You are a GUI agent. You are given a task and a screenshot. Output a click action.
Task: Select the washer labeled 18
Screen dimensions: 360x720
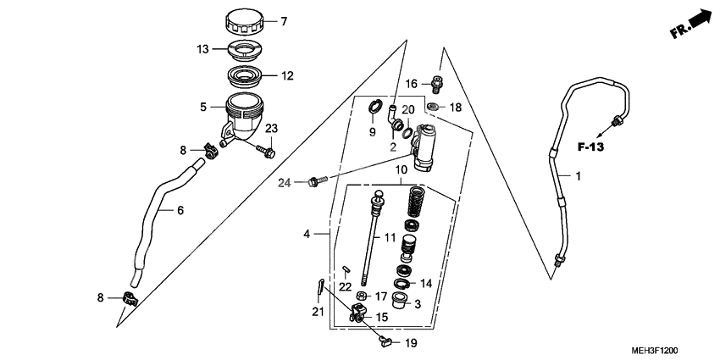pyautogui.click(x=433, y=107)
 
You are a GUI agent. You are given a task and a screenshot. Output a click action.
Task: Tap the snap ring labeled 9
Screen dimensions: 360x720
pyautogui.click(x=373, y=108)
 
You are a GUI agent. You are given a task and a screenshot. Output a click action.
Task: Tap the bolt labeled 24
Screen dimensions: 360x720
pyautogui.click(x=315, y=180)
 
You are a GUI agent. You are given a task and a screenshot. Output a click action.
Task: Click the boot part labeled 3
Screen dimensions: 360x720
pyautogui.click(x=406, y=302)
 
